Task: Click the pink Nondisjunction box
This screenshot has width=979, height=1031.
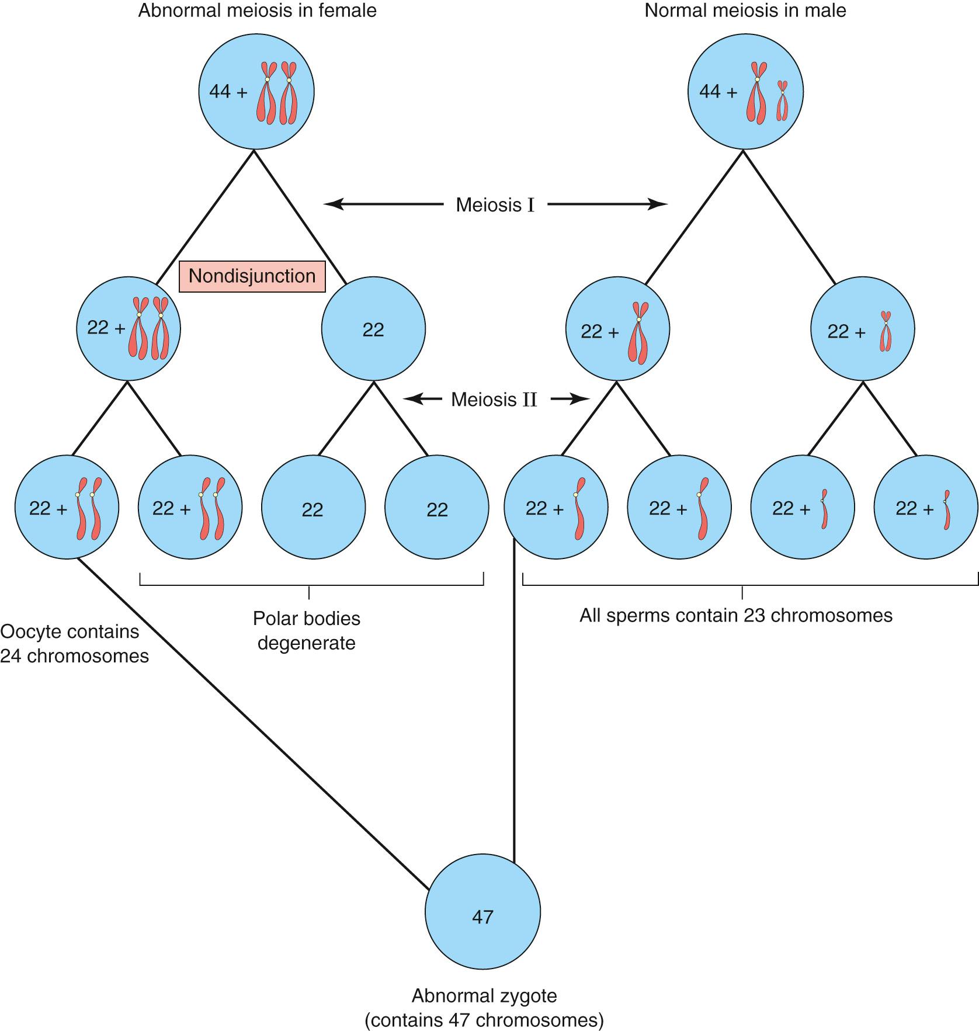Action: [252, 276]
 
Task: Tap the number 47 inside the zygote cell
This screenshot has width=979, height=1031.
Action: [482, 917]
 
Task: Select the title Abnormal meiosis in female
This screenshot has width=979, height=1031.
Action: [257, 11]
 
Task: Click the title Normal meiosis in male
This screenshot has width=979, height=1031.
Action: [745, 11]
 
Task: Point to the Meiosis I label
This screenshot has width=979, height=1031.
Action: [495, 205]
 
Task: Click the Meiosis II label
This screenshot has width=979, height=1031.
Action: [494, 400]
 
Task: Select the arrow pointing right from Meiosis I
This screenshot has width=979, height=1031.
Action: [607, 204]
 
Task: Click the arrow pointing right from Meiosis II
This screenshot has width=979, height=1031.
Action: [571, 400]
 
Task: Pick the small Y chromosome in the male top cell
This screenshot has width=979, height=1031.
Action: [782, 101]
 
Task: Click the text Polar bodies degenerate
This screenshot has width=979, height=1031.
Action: [307, 630]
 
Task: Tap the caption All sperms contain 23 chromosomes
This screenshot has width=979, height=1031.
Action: [736, 616]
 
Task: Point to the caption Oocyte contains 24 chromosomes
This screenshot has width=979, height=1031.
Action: [73, 644]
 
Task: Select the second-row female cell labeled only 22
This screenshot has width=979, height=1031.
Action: [373, 329]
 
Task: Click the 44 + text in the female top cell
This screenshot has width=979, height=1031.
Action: [228, 92]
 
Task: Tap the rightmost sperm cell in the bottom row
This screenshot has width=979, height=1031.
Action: [926, 508]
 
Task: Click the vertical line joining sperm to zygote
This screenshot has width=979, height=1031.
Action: [514, 701]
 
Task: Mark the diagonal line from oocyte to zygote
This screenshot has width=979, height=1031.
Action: [251, 724]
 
